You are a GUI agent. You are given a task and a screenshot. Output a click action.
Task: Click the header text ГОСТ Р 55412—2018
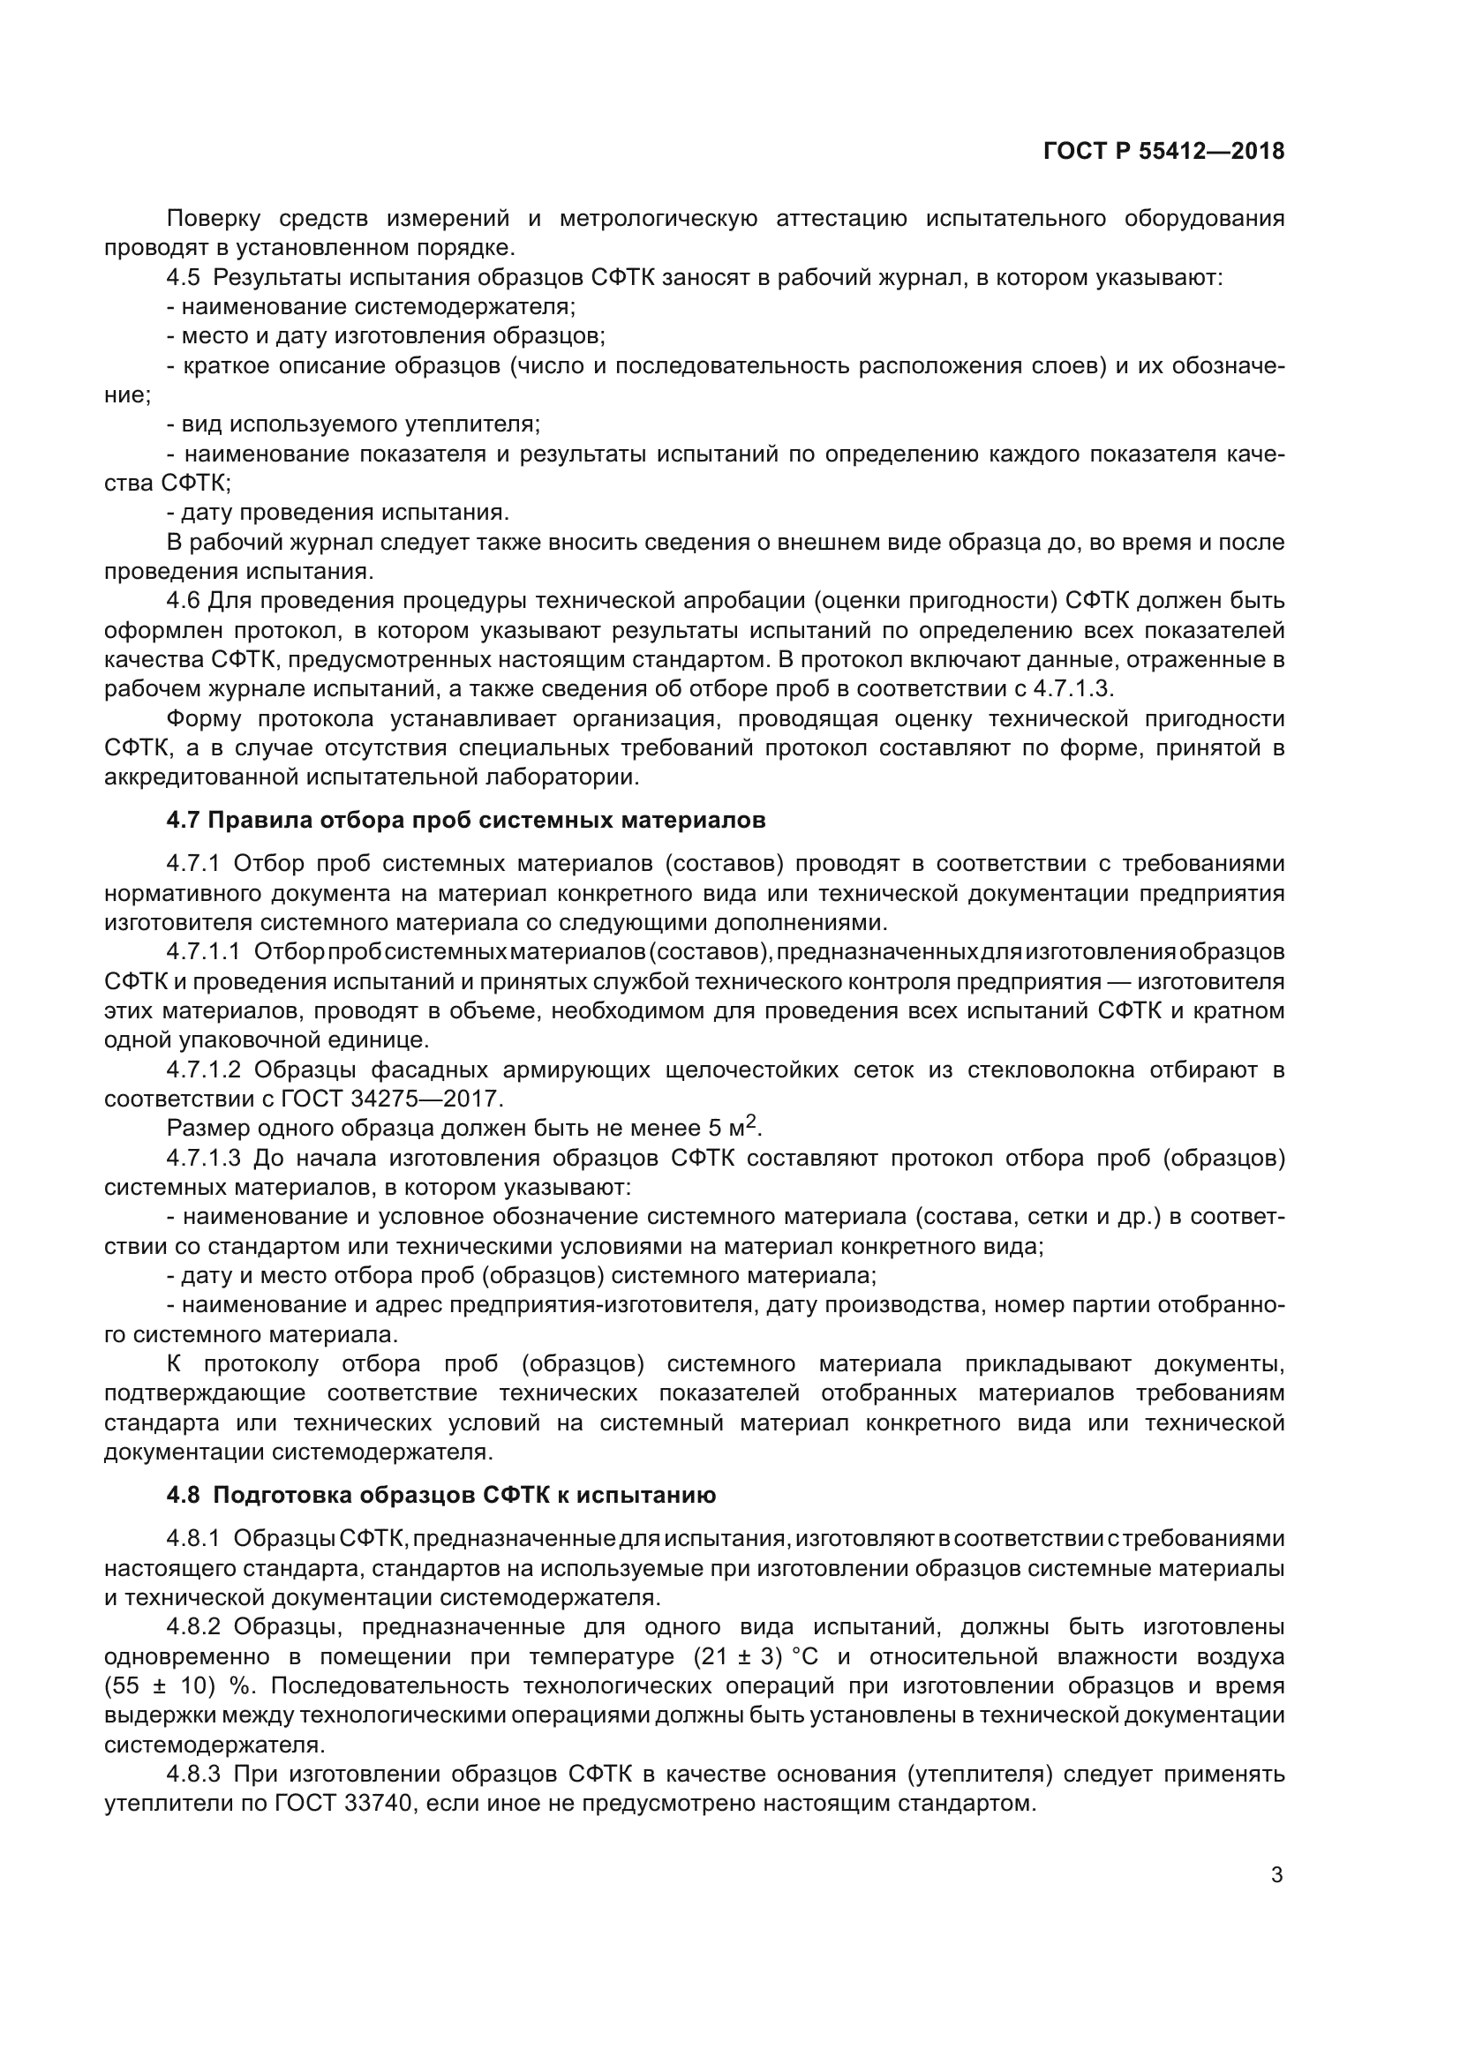(x=1163, y=151)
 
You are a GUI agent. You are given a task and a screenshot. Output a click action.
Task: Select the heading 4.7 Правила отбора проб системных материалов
(x=466, y=820)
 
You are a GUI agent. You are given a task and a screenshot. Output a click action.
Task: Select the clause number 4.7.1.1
(x=203, y=951)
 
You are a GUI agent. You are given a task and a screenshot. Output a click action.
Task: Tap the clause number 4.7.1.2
(x=203, y=1070)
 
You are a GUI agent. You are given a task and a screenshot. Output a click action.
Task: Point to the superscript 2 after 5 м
(x=752, y=1121)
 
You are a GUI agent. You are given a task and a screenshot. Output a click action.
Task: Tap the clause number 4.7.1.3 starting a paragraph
(x=203, y=1158)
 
